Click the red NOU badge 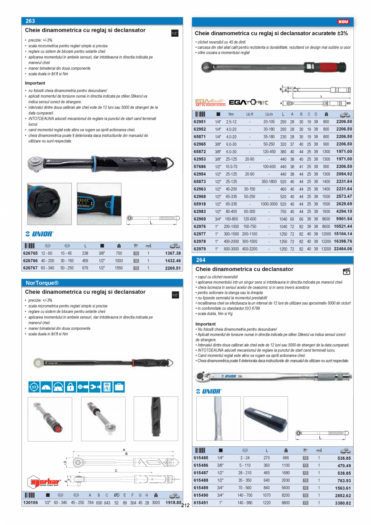[343, 22]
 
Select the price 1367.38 [173, 253]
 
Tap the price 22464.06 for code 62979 [343, 249]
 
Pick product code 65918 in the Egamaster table [200, 204]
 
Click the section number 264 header [200, 260]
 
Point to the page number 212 [185, 505]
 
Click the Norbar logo [44, 481]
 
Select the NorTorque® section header [42, 283]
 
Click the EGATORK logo [248, 102]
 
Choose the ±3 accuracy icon [34, 387]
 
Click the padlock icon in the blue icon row [70, 387]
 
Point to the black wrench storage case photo [265, 418]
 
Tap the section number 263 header [30, 21]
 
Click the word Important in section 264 [205, 324]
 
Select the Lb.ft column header [249, 114]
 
